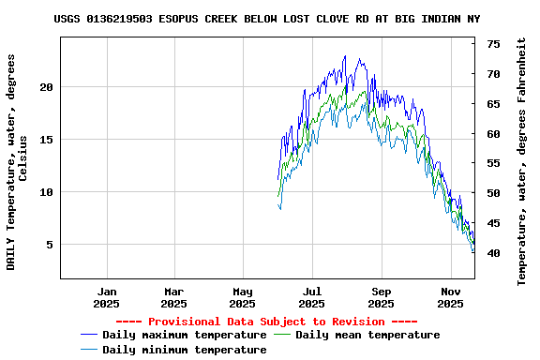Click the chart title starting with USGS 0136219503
click(x=267, y=19)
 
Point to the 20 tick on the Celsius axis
click(x=48, y=87)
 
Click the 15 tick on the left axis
click(x=48, y=140)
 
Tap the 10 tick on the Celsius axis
click(x=48, y=192)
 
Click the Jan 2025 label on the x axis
click(x=107, y=297)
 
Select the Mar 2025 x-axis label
click(x=173, y=297)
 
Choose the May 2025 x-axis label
click(x=242, y=297)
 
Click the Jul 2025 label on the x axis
click(x=311, y=297)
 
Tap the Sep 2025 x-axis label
click(x=381, y=297)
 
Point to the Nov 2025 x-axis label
click(x=450, y=297)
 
